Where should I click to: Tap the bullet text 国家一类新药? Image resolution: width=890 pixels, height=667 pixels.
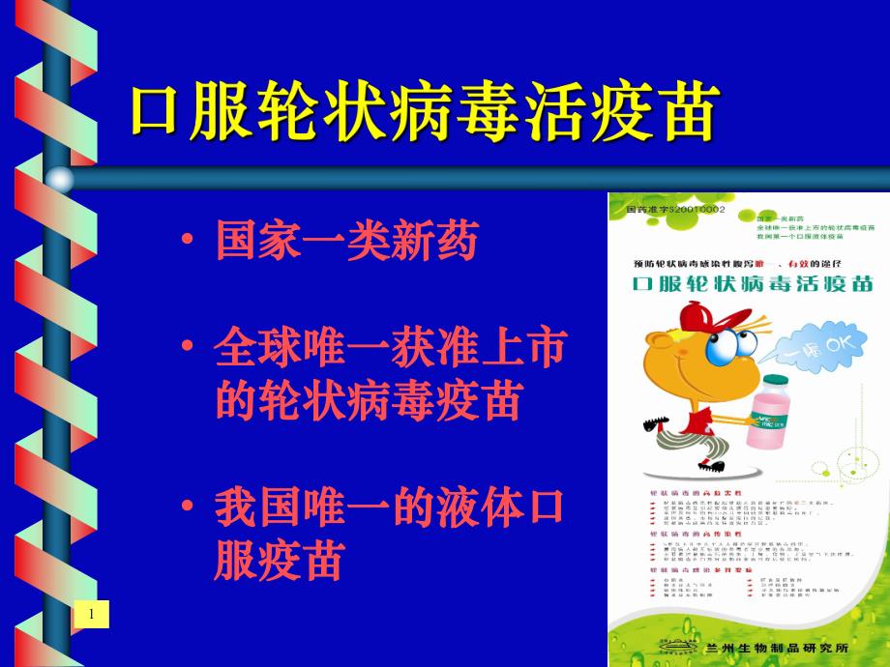[347, 242]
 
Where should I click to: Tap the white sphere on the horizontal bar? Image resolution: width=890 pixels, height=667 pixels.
[60, 179]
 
